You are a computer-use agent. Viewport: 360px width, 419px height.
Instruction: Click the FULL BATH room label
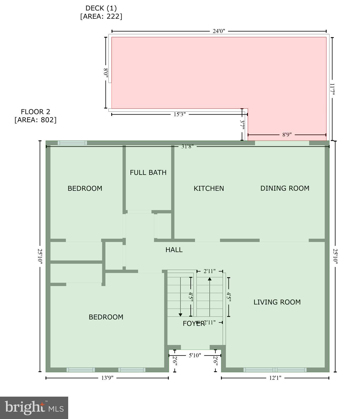[148, 172]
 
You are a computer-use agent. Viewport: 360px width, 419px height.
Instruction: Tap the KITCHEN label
[209, 188]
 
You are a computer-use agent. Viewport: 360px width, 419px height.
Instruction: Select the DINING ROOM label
[285, 188]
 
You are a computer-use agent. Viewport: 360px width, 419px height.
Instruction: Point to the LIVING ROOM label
[277, 302]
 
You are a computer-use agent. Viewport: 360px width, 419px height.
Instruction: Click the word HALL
[174, 250]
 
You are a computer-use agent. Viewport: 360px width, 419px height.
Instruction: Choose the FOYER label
[193, 324]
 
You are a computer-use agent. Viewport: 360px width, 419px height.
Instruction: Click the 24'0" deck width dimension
[219, 31]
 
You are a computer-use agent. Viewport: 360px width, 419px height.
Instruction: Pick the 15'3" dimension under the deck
[179, 114]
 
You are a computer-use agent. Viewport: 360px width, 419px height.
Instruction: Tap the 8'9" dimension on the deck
[287, 134]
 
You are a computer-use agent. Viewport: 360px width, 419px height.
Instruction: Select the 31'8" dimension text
[187, 146]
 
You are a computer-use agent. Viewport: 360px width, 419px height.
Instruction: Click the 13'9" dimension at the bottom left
[107, 378]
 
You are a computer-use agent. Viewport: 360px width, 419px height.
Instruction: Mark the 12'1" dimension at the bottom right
[275, 378]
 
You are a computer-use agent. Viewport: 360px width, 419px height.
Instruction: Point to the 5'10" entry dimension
[195, 355]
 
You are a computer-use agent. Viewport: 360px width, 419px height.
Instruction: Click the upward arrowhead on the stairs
[209, 279]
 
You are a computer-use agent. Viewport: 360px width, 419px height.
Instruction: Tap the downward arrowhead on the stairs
[180, 315]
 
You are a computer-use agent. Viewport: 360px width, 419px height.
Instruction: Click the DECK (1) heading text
[101, 8]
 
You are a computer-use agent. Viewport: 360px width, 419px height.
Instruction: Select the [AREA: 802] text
[35, 120]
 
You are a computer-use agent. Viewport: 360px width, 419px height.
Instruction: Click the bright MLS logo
[34, 408]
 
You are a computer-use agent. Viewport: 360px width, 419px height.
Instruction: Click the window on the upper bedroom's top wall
[72, 143]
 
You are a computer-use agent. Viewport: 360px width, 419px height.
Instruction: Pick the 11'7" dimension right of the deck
[332, 89]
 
